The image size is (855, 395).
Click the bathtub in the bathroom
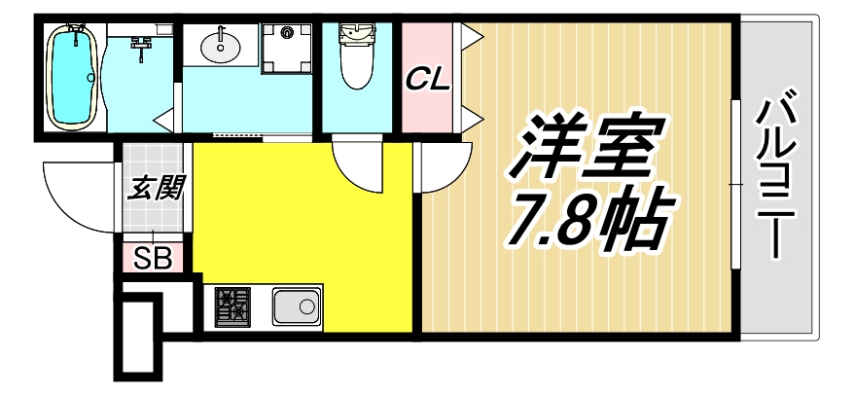coord(71,77)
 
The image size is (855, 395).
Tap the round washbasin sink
coord(223,44)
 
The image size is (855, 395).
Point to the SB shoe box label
coord(151,259)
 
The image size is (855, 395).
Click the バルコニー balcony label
coord(778,175)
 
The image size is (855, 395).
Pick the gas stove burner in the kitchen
coord(231,307)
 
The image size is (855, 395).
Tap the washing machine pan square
coord(288,45)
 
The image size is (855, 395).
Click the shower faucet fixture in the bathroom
coord(142,44)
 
